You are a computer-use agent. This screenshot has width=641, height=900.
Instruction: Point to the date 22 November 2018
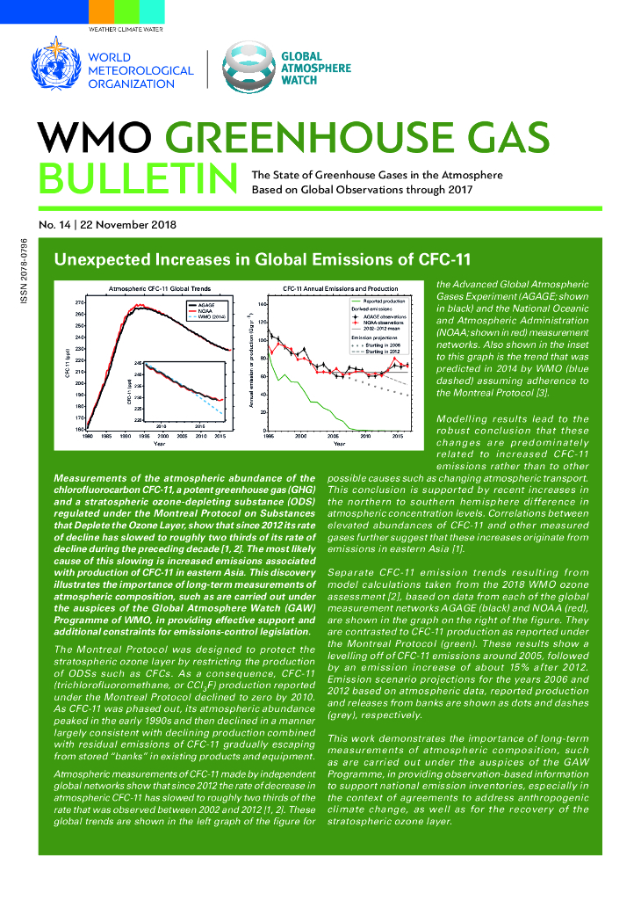128,224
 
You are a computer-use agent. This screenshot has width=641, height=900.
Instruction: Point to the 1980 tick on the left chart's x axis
88,436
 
